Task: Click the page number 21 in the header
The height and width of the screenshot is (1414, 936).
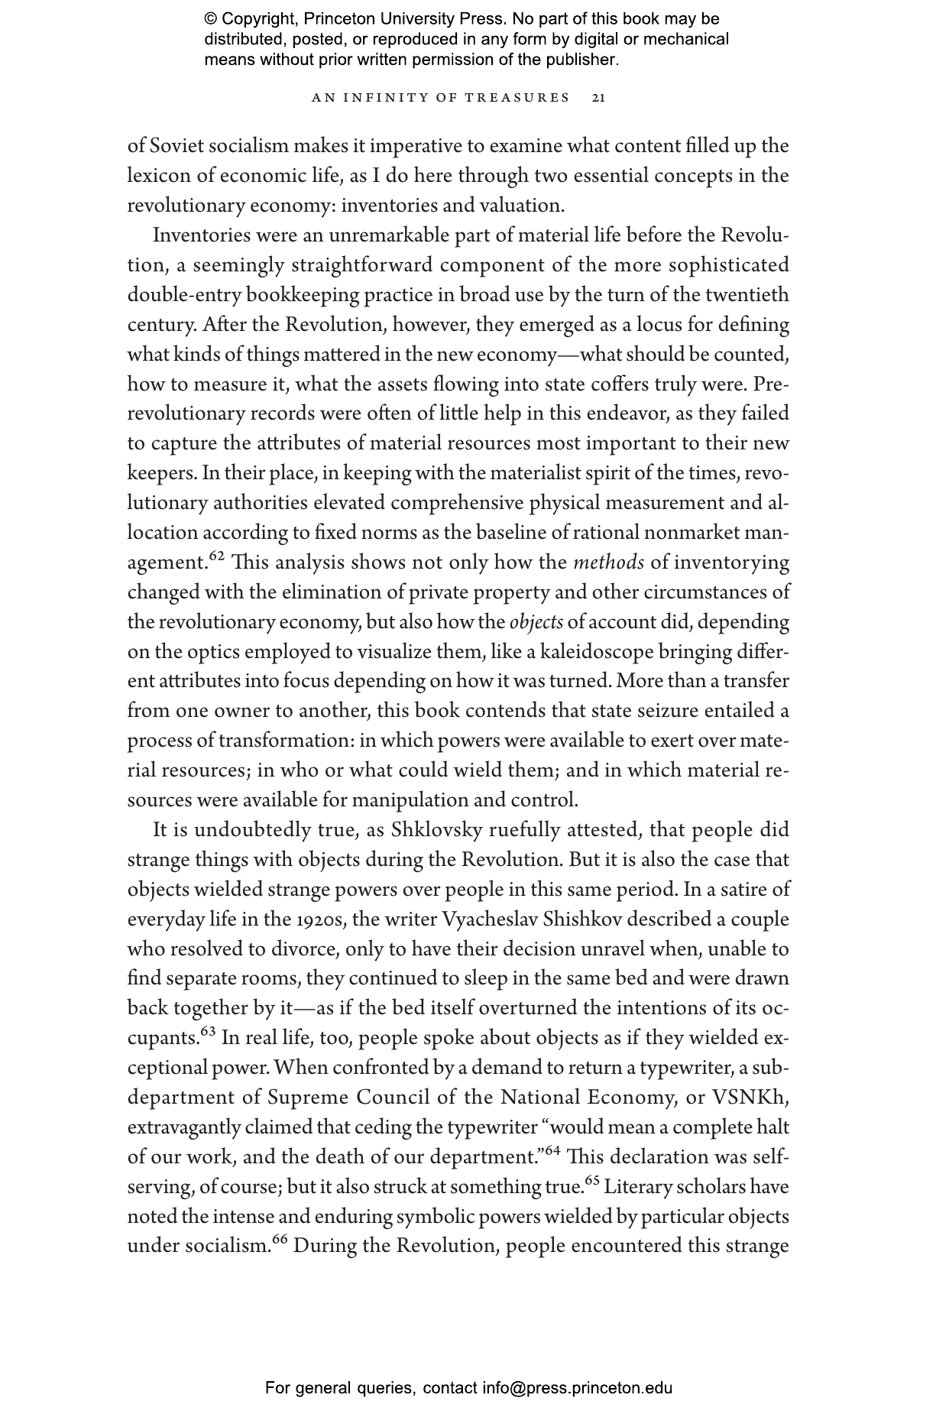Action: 599,98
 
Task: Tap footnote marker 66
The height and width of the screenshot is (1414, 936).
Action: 279,1239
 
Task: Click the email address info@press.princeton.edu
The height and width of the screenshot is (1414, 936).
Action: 577,1388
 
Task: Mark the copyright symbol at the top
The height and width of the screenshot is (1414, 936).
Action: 212,19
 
